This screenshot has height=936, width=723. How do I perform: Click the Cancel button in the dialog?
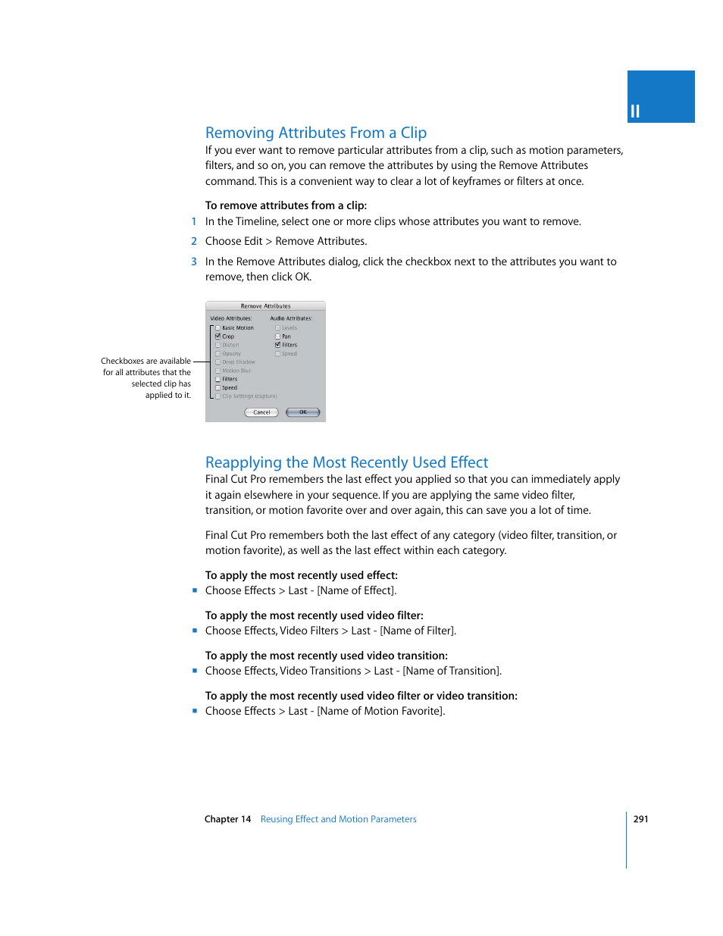(261, 412)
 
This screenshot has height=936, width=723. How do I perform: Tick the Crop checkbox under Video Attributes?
(218, 337)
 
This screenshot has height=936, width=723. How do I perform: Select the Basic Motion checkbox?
(218, 328)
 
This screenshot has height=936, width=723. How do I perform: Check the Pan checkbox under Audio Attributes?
(277, 337)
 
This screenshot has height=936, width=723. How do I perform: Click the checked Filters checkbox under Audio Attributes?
(277, 345)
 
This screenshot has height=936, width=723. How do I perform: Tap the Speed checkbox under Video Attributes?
(218, 387)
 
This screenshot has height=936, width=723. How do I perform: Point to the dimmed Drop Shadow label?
(239, 362)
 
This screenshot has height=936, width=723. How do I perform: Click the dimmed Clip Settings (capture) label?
(249, 396)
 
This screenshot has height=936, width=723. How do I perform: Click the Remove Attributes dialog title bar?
(265, 306)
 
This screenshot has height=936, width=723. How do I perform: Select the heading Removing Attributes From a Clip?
(316, 133)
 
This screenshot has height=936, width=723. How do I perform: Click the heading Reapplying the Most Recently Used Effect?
(346, 462)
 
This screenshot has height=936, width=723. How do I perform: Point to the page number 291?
(640, 819)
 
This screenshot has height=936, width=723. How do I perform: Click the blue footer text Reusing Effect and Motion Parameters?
(338, 819)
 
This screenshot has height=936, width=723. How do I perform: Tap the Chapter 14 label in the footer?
(227, 819)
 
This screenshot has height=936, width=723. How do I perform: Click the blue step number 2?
(194, 241)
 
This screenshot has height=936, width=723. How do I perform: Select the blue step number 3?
(194, 261)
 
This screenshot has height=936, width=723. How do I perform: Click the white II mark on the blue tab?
(635, 111)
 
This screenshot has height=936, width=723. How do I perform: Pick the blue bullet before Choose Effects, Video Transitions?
(195, 671)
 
